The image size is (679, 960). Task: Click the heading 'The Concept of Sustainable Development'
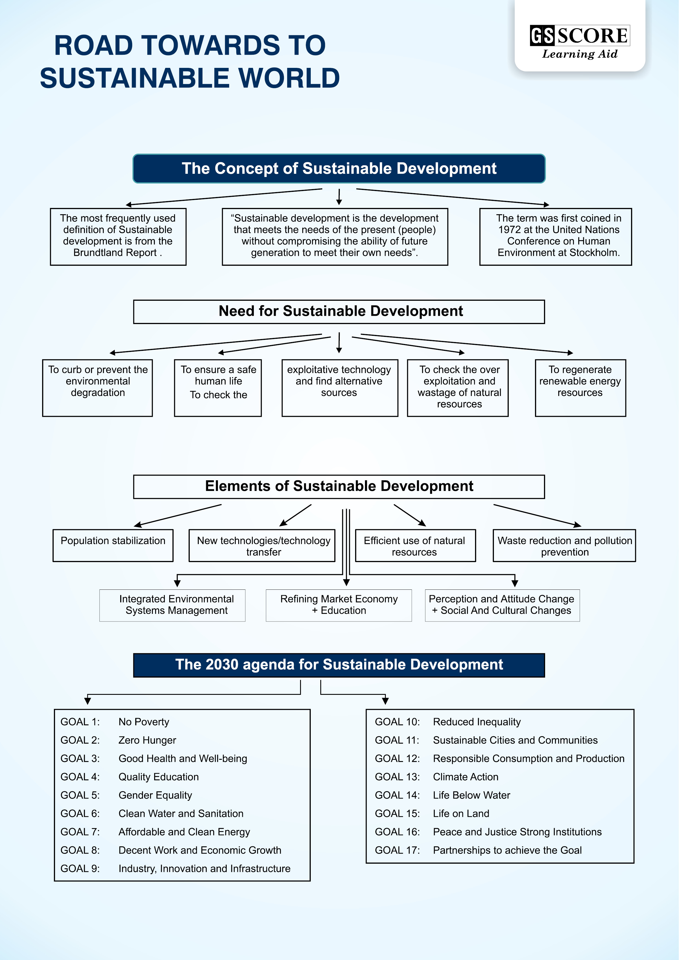tap(339, 169)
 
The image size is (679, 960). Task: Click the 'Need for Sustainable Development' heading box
tap(339, 311)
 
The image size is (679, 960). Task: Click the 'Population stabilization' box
tap(113, 545)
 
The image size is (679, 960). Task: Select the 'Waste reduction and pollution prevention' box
tap(564, 546)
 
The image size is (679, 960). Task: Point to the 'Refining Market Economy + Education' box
tap(339, 605)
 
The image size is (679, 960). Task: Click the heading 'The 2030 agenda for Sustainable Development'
tap(339, 665)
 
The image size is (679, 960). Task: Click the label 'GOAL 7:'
tap(80, 832)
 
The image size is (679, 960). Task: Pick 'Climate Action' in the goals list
tap(466, 777)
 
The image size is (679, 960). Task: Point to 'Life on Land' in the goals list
tap(461, 813)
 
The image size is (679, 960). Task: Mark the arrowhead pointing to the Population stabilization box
tap(137, 525)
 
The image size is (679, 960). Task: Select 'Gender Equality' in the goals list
tap(155, 795)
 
